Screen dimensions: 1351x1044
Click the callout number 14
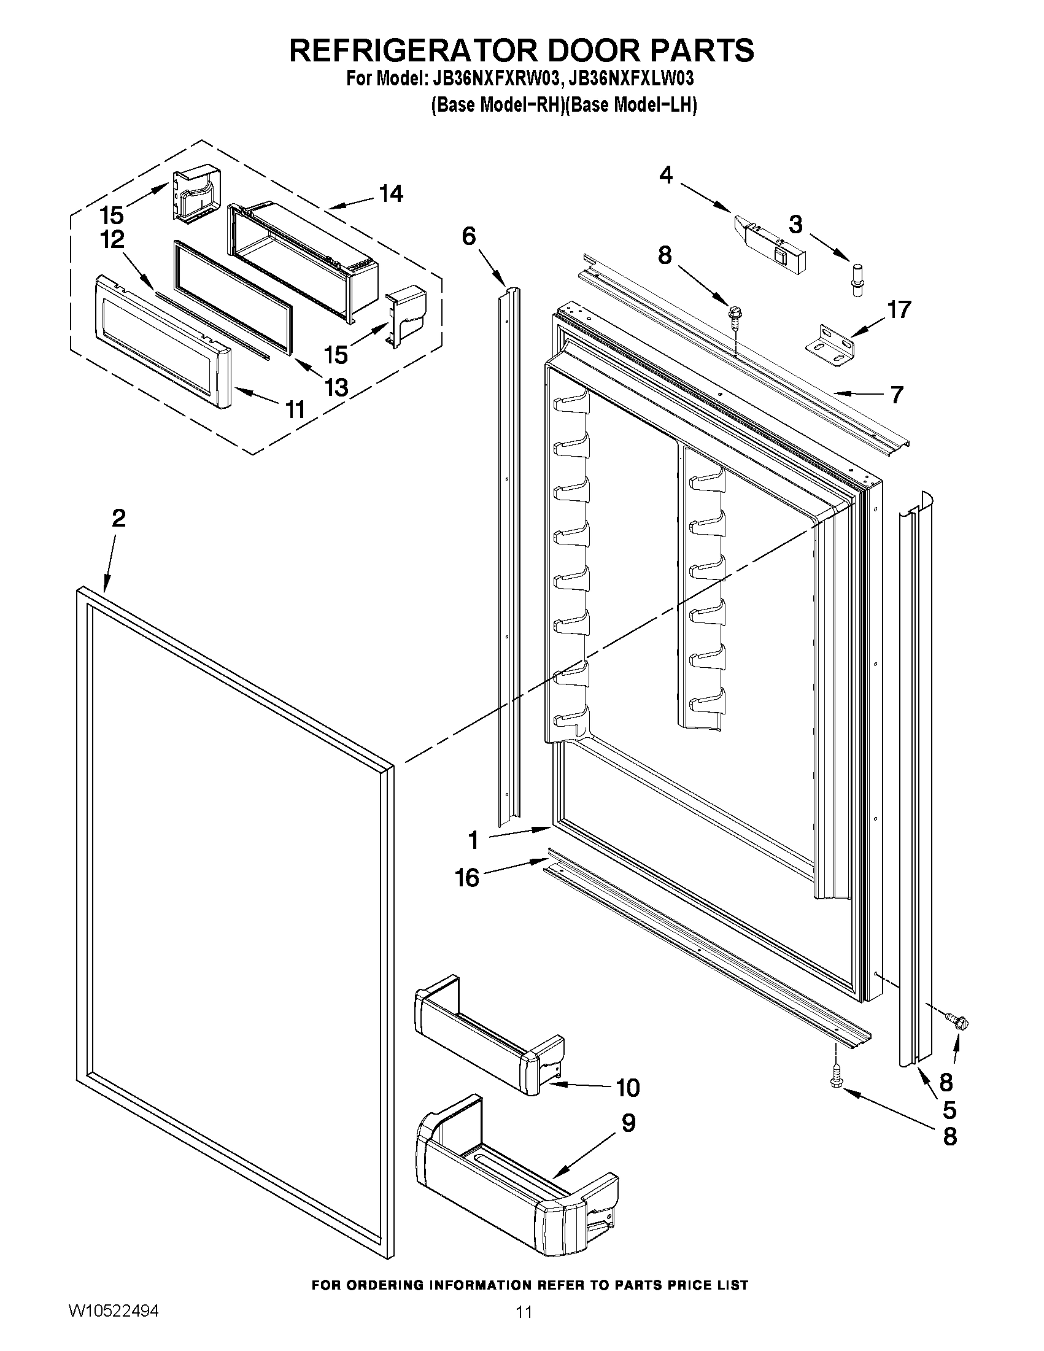391,195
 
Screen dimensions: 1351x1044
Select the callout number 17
899,309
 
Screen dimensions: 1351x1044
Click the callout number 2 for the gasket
118,519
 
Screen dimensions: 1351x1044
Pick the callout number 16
467,877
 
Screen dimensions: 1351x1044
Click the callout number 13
336,388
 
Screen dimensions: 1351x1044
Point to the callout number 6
469,236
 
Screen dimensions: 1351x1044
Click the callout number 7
897,395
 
